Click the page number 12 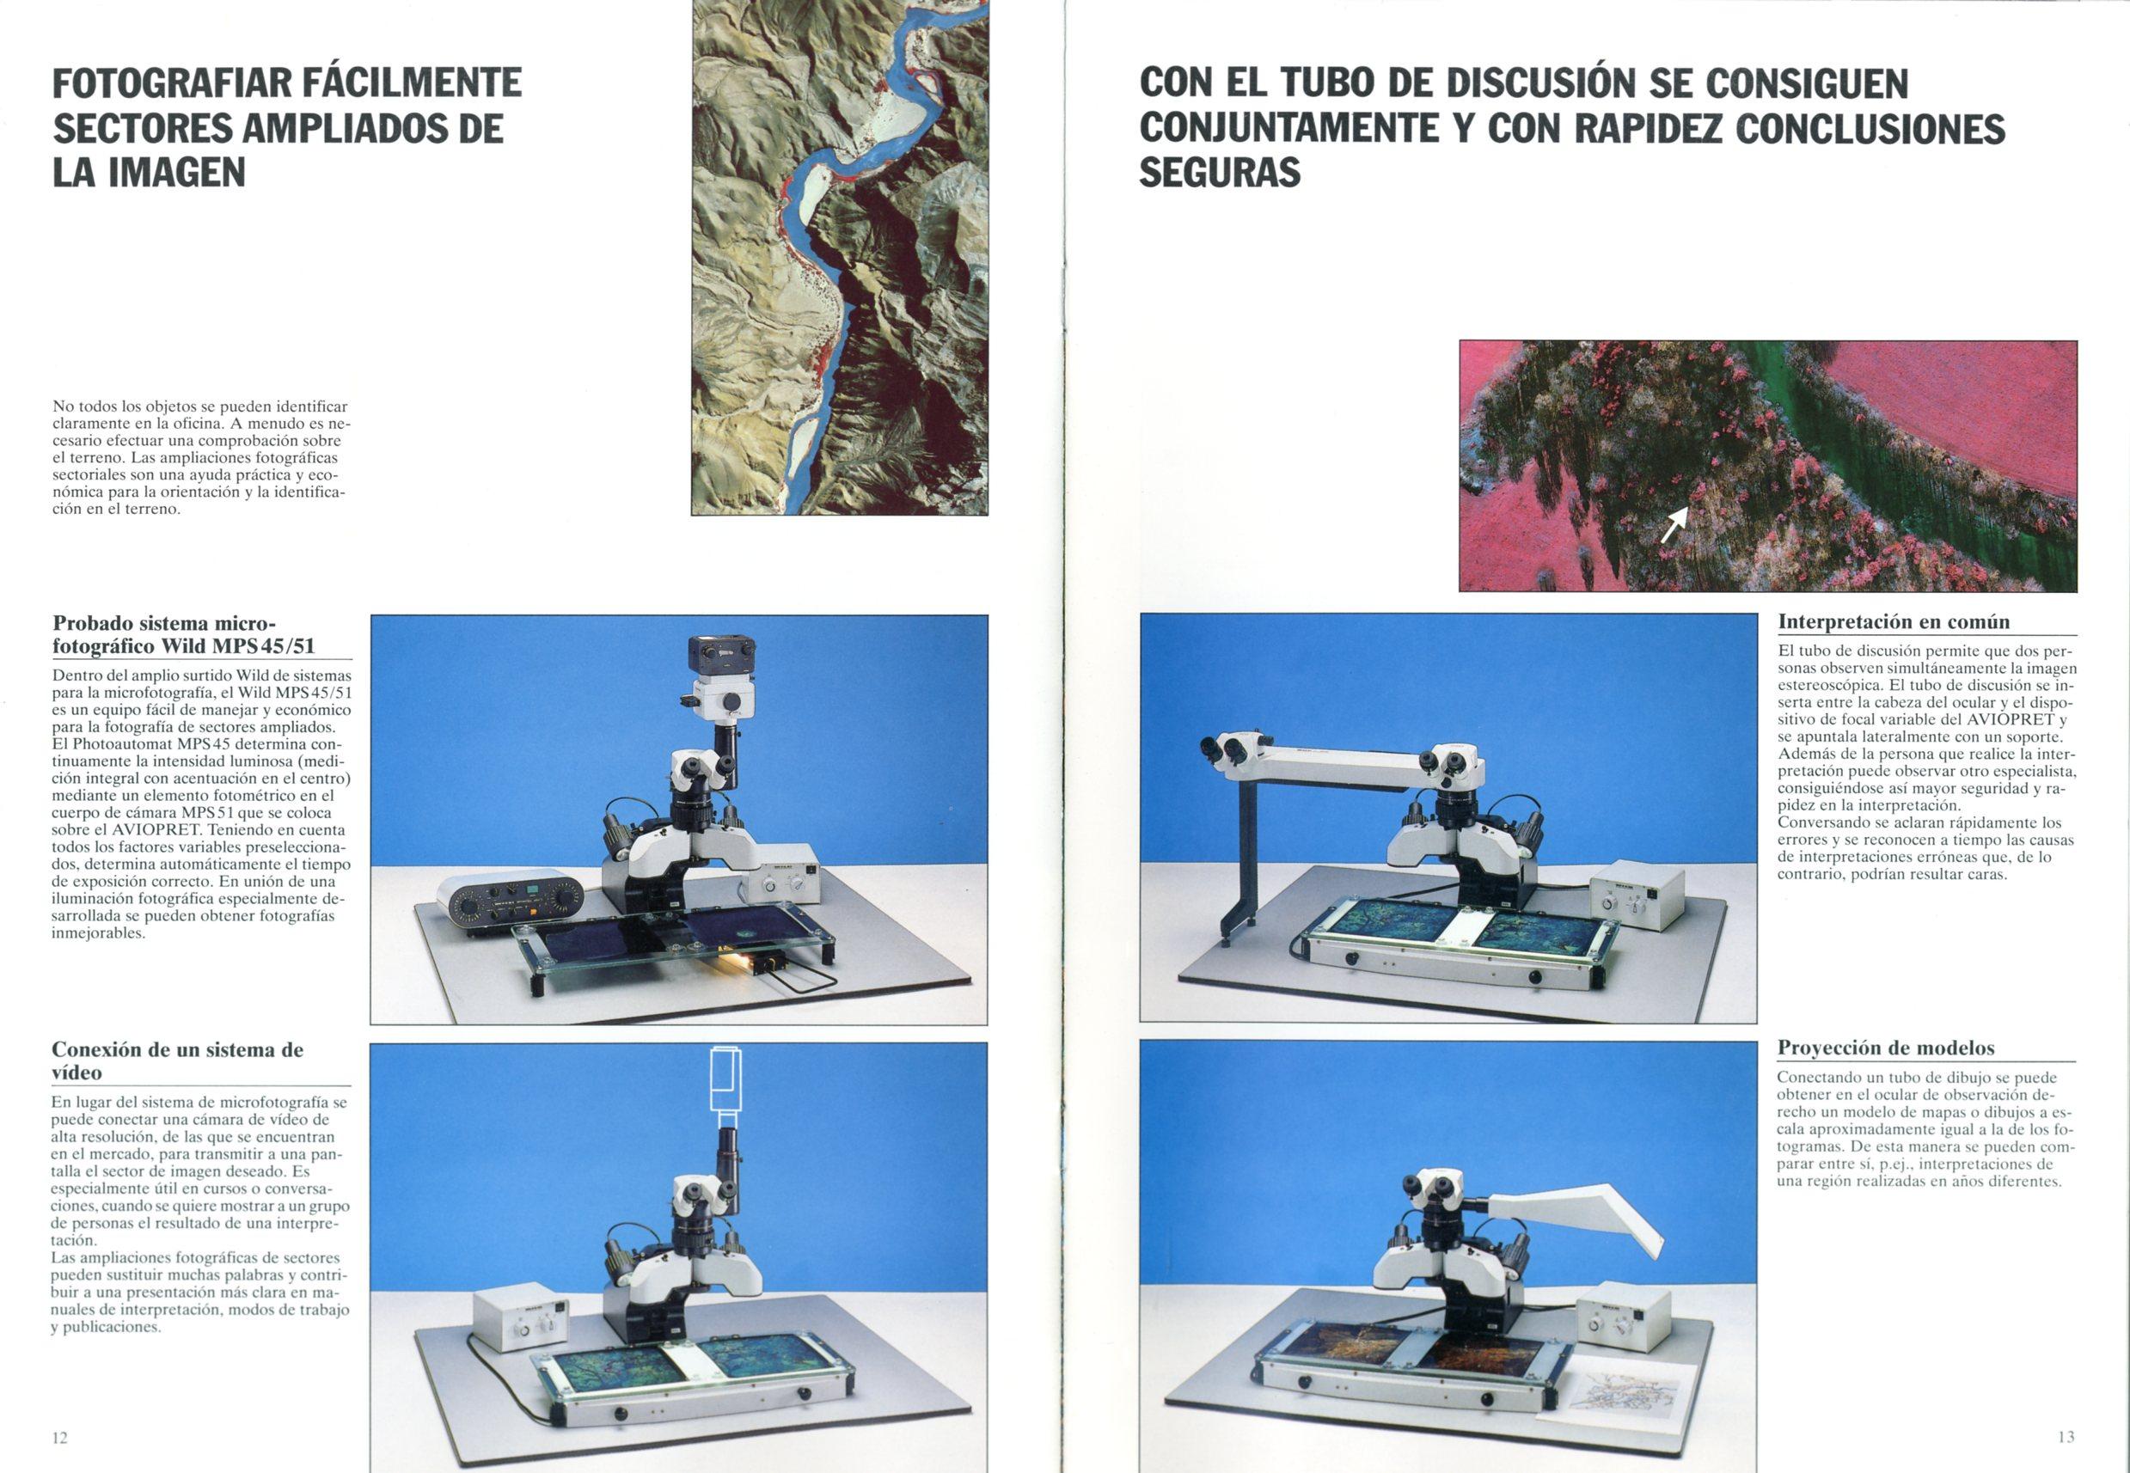pos(60,1437)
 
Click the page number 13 pos(2066,1436)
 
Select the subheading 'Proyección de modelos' pos(1885,1048)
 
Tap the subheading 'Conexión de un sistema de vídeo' pos(177,1060)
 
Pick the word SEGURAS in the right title pos(1219,172)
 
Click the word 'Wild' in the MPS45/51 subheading pos(187,646)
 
